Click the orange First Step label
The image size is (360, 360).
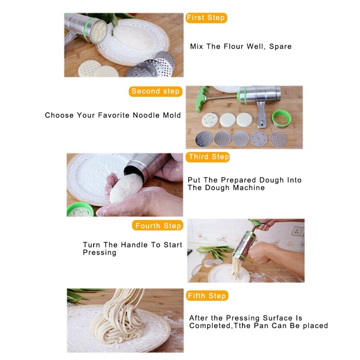(x=206, y=18)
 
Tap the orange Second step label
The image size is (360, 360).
(x=155, y=91)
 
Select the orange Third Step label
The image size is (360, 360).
(x=208, y=157)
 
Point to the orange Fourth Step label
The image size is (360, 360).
(x=158, y=226)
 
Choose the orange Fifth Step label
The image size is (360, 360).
(x=207, y=296)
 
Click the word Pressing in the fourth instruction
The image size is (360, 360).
(x=99, y=253)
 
